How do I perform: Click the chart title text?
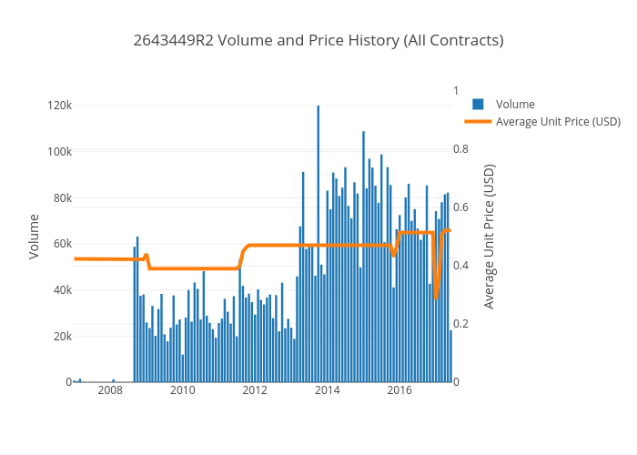pyautogui.click(x=318, y=40)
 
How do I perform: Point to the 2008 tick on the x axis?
pyautogui.click(x=110, y=391)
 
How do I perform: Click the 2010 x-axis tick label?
pyautogui.click(x=183, y=391)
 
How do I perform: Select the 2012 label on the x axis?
pyautogui.click(x=255, y=391)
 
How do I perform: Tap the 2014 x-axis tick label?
pyautogui.click(x=328, y=391)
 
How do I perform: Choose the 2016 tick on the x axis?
pyautogui.click(x=399, y=391)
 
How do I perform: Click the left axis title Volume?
pyautogui.click(x=34, y=236)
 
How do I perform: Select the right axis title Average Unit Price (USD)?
pyautogui.click(x=490, y=236)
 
